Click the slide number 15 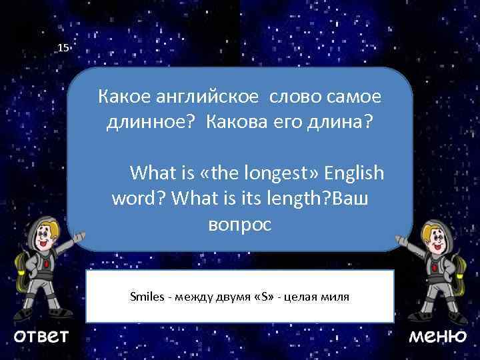point(63,48)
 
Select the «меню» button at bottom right point(437,335)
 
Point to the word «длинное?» point(153,123)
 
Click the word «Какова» point(240,123)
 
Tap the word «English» point(355,173)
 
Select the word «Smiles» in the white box point(147,295)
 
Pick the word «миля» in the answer point(336,295)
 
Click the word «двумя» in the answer point(230,295)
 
